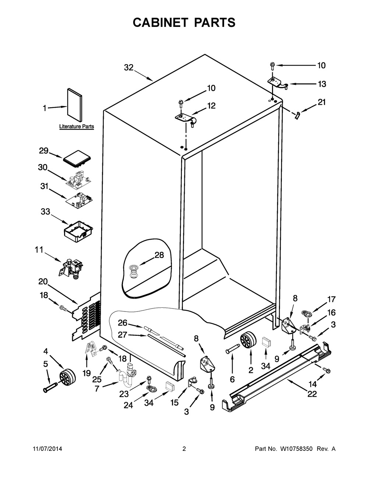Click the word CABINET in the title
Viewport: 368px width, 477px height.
160,22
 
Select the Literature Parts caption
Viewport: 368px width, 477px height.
77,127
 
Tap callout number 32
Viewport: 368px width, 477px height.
129,67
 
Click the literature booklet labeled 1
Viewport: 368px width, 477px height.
74,105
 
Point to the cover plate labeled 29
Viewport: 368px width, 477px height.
77,157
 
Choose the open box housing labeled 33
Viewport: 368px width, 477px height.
78,231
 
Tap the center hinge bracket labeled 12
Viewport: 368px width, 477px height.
186,120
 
